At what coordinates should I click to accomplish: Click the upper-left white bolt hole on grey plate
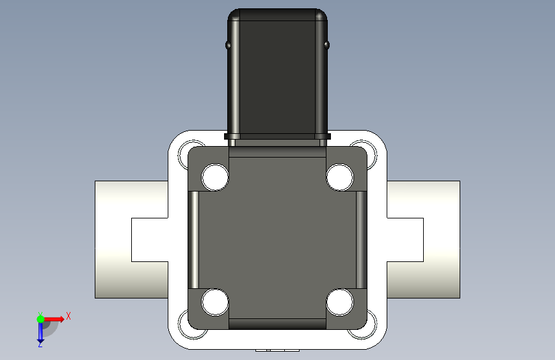[215, 177]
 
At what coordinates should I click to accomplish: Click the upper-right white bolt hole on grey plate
[340, 177]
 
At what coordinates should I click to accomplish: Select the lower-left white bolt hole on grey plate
[215, 302]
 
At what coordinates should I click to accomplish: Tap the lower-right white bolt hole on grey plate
[340, 302]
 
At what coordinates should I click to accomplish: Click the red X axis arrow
[53, 319]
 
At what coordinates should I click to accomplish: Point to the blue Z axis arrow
[40, 332]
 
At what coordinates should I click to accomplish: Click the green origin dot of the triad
[40, 319]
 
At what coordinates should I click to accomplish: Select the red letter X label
[68, 316]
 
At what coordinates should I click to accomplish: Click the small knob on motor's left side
[228, 45]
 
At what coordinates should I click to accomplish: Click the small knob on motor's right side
[326, 45]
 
